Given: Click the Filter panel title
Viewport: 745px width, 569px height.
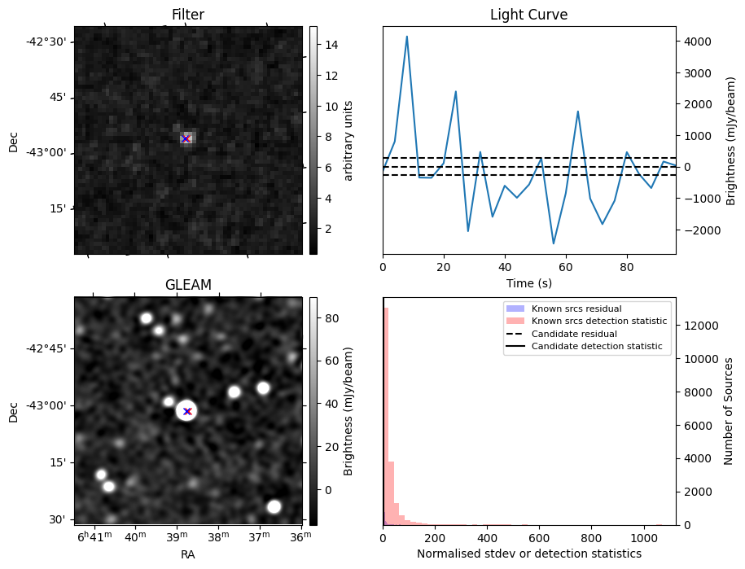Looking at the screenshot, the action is (188, 15).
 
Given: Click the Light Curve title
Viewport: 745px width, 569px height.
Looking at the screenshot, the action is (528, 15).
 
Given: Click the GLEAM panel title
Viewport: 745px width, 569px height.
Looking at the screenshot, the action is (188, 285).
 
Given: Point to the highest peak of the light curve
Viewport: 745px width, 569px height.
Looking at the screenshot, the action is (407, 36).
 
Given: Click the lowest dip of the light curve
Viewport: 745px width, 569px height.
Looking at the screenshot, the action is (553, 243).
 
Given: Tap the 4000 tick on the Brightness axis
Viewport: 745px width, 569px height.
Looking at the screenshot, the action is (698, 42).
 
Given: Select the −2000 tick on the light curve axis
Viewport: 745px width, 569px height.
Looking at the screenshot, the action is (698, 230).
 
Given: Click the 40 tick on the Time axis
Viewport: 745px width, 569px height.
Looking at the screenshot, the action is (505, 267).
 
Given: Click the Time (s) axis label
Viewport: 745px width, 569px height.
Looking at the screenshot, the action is (528, 283).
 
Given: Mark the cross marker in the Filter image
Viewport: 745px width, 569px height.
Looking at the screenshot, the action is (186, 138).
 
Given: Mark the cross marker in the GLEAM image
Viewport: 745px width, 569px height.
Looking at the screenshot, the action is (187, 411).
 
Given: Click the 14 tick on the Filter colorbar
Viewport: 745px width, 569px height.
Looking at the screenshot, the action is (331, 45).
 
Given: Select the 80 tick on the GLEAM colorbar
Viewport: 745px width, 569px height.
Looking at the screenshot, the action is (331, 318).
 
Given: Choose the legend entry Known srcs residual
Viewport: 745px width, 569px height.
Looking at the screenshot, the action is (576, 309).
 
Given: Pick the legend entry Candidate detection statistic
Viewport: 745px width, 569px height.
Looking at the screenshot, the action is (597, 346).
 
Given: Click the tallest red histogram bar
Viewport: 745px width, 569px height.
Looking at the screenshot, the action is (386, 417).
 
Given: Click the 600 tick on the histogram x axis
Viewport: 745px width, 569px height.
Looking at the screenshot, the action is (539, 538).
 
